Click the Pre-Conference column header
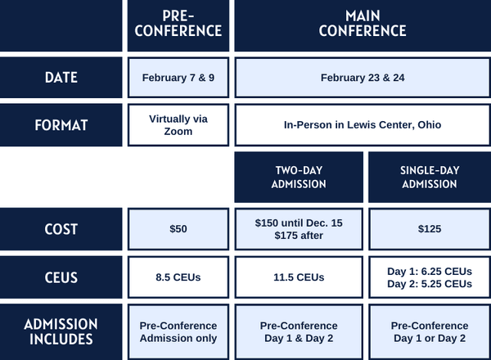pyautogui.click(x=178, y=25)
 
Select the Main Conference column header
pyautogui.click(x=363, y=25)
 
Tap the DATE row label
pyautogui.click(x=61, y=78)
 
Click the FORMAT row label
pyautogui.click(x=61, y=125)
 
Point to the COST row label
pyautogui.click(x=61, y=229)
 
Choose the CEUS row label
pyautogui.click(x=61, y=277)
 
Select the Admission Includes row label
pyautogui.click(x=61, y=332)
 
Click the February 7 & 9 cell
pyautogui.click(x=178, y=78)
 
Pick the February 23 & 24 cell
pyautogui.click(x=363, y=78)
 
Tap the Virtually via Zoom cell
pyautogui.click(x=178, y=125)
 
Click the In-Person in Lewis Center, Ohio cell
pyautogui.click(x=363, y=125)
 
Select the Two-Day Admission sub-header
pyautogui.click(x=299, y=178)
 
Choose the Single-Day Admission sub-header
pyautogui.click(x=430, y=178)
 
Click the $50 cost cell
pyautogui.click(x=178, y=229)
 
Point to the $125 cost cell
pyautogui.click(x=430, y=229)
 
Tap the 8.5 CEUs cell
pyautogui.click(x=178, y=277)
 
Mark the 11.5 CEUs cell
pyautogui.click(x=299, y=277)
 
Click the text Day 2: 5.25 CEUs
pyautogui.click(x=430, y=284)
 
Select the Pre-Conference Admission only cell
pyautogui.click(x=178, y=332)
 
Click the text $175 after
pyautogui.click(x=299, y=236)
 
